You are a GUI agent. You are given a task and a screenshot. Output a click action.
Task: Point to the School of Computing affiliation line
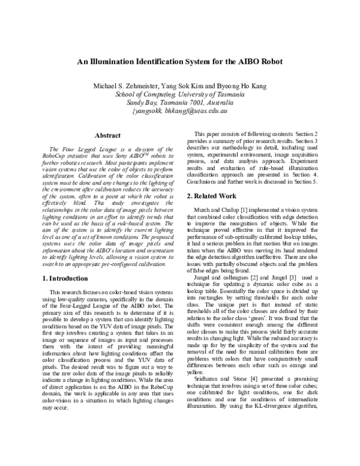coord(179,94)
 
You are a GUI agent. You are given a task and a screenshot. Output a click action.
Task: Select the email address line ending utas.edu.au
coord(179,111)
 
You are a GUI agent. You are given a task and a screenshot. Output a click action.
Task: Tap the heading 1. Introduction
coord(65,278)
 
